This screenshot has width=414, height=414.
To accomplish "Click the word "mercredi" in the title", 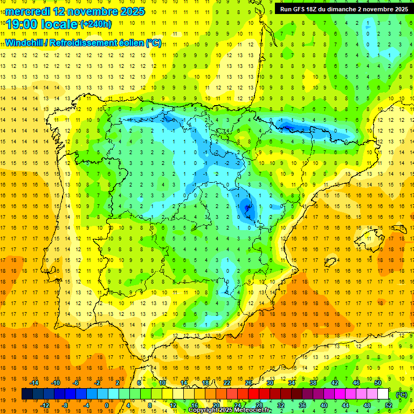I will (29, 11).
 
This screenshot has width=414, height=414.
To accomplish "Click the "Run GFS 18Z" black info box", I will (343, 9).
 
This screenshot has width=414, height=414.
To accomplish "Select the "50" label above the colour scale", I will (378, 382).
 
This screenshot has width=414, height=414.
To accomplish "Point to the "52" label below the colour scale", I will (389, 405).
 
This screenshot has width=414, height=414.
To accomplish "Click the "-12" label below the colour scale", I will (45, 405).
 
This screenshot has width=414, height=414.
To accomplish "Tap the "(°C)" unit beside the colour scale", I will (402, 394).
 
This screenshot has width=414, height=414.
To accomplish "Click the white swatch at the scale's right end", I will (383, 394).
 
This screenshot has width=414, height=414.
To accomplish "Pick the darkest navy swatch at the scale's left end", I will (27, 394).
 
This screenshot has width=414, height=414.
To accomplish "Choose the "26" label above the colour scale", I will (249, 382).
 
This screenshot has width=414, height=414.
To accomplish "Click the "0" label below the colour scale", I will (107, 405).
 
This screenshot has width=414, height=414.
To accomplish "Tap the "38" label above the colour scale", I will (313, 382).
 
